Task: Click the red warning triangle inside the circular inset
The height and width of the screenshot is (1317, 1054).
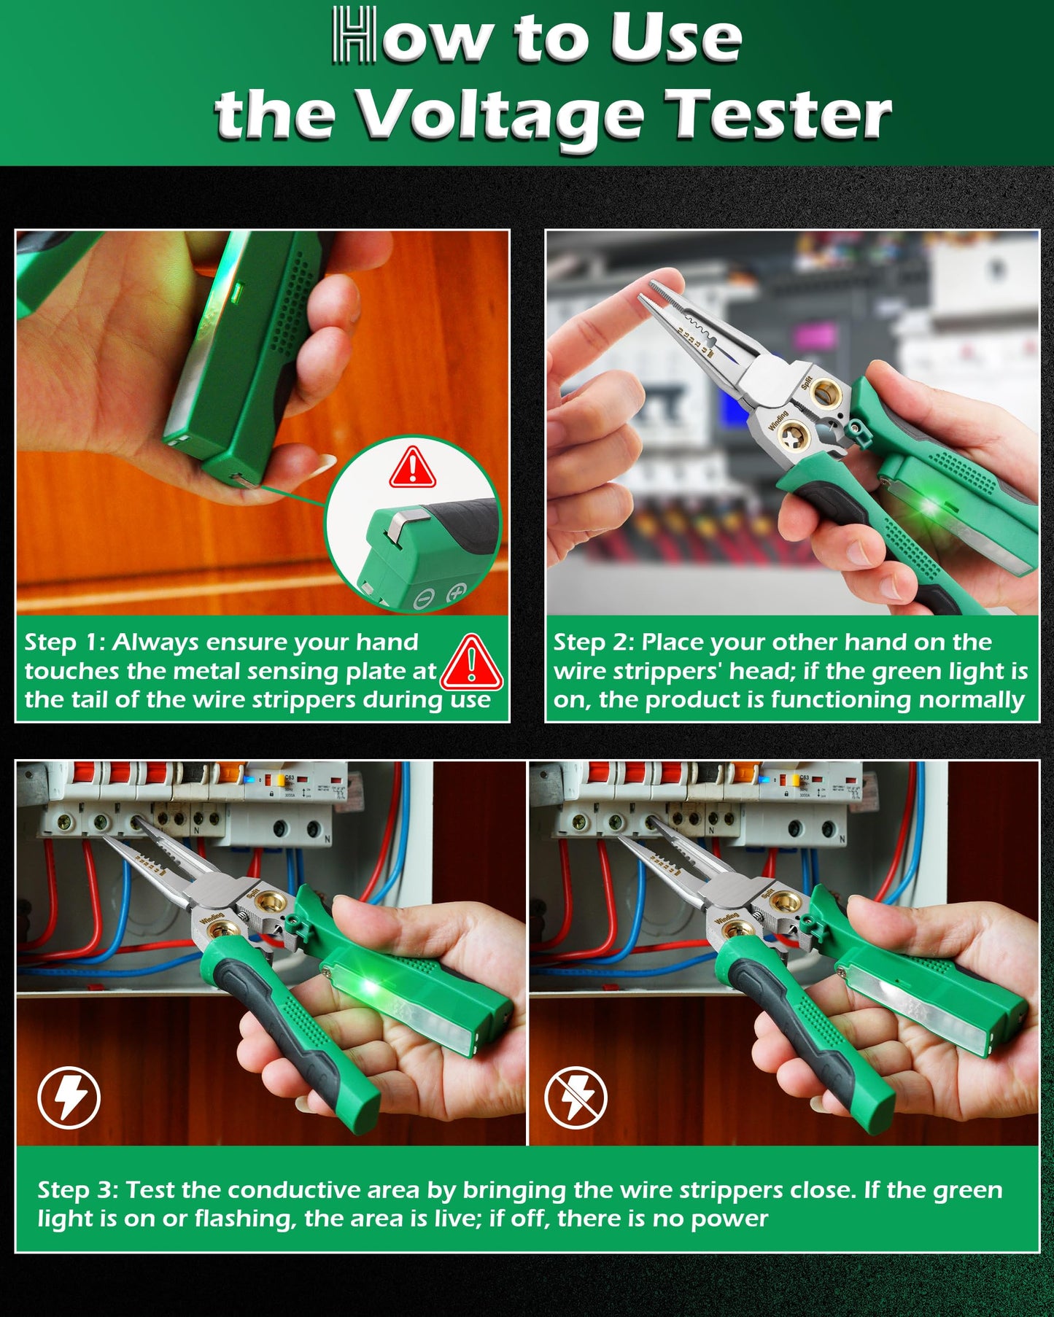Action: [412, 467]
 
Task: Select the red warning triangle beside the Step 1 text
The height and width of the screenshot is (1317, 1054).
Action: [472, 663]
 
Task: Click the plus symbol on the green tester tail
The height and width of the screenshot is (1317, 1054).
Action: [457, 592]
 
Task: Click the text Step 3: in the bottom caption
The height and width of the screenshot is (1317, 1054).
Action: [77, 1190]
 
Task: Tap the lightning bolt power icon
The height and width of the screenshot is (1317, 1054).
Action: [69, 1097]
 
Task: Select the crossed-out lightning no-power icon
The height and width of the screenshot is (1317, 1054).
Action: [576, 1097]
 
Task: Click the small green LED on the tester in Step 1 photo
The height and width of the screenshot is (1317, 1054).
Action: [236, 295]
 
